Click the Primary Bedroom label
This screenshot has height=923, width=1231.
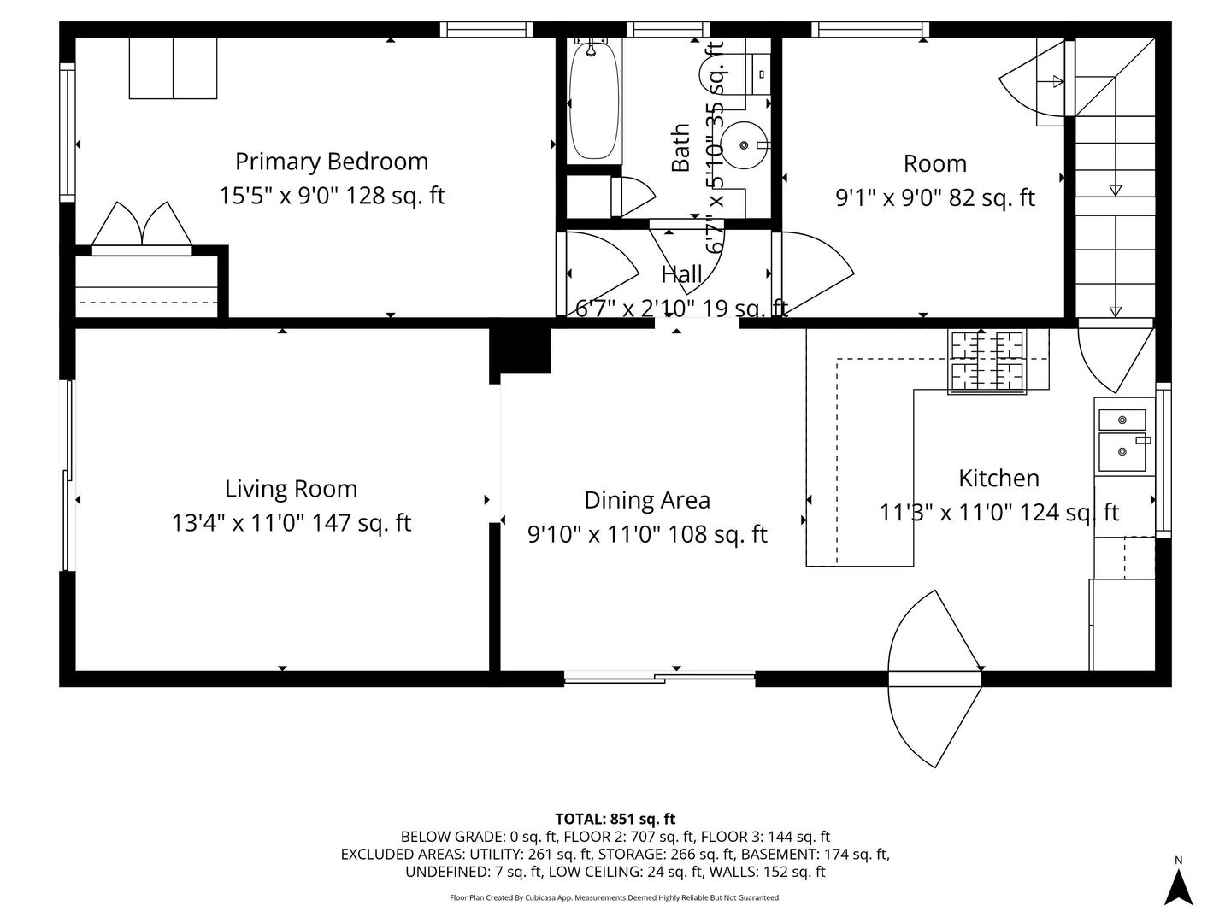(332, 162)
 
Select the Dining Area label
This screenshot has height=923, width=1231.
(647, 500)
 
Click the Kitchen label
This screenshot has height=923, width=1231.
(998, 478)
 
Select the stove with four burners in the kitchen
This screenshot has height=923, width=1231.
(987, 362)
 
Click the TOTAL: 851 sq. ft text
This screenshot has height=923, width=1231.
(615, 819)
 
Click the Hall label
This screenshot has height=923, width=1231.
(681, 274)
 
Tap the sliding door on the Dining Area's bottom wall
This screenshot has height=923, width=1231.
(659, 679)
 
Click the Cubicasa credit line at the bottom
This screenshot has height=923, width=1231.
(615, 898)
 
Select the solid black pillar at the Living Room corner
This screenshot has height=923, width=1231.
(520, 349)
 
